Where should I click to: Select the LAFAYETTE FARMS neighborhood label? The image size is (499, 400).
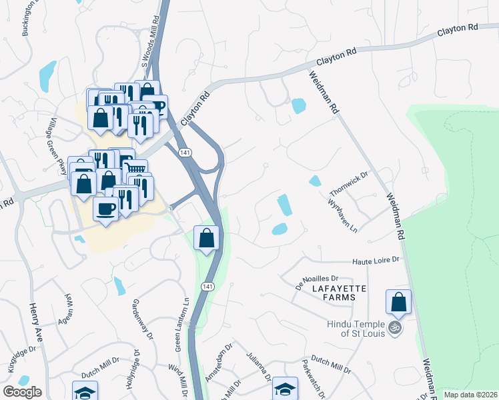(x=338, y=288)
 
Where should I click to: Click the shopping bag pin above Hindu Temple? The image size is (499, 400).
(x=398, y=303)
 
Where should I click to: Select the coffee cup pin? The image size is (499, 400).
(x=107, y=209)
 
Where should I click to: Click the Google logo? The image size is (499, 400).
(x=22, y=392)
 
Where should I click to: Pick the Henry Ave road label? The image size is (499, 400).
(x=35, y=323)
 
